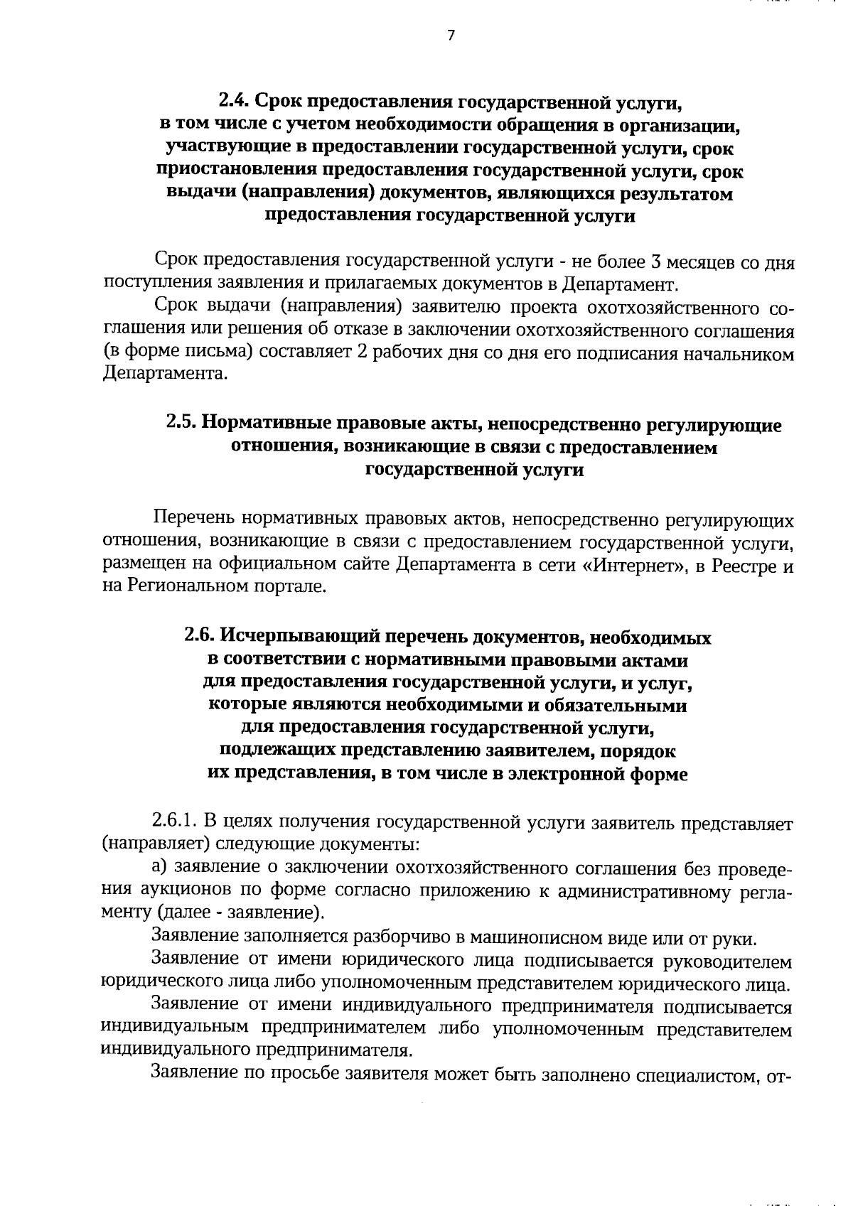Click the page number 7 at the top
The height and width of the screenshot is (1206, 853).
451,36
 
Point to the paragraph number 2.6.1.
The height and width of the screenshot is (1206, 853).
175,822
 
